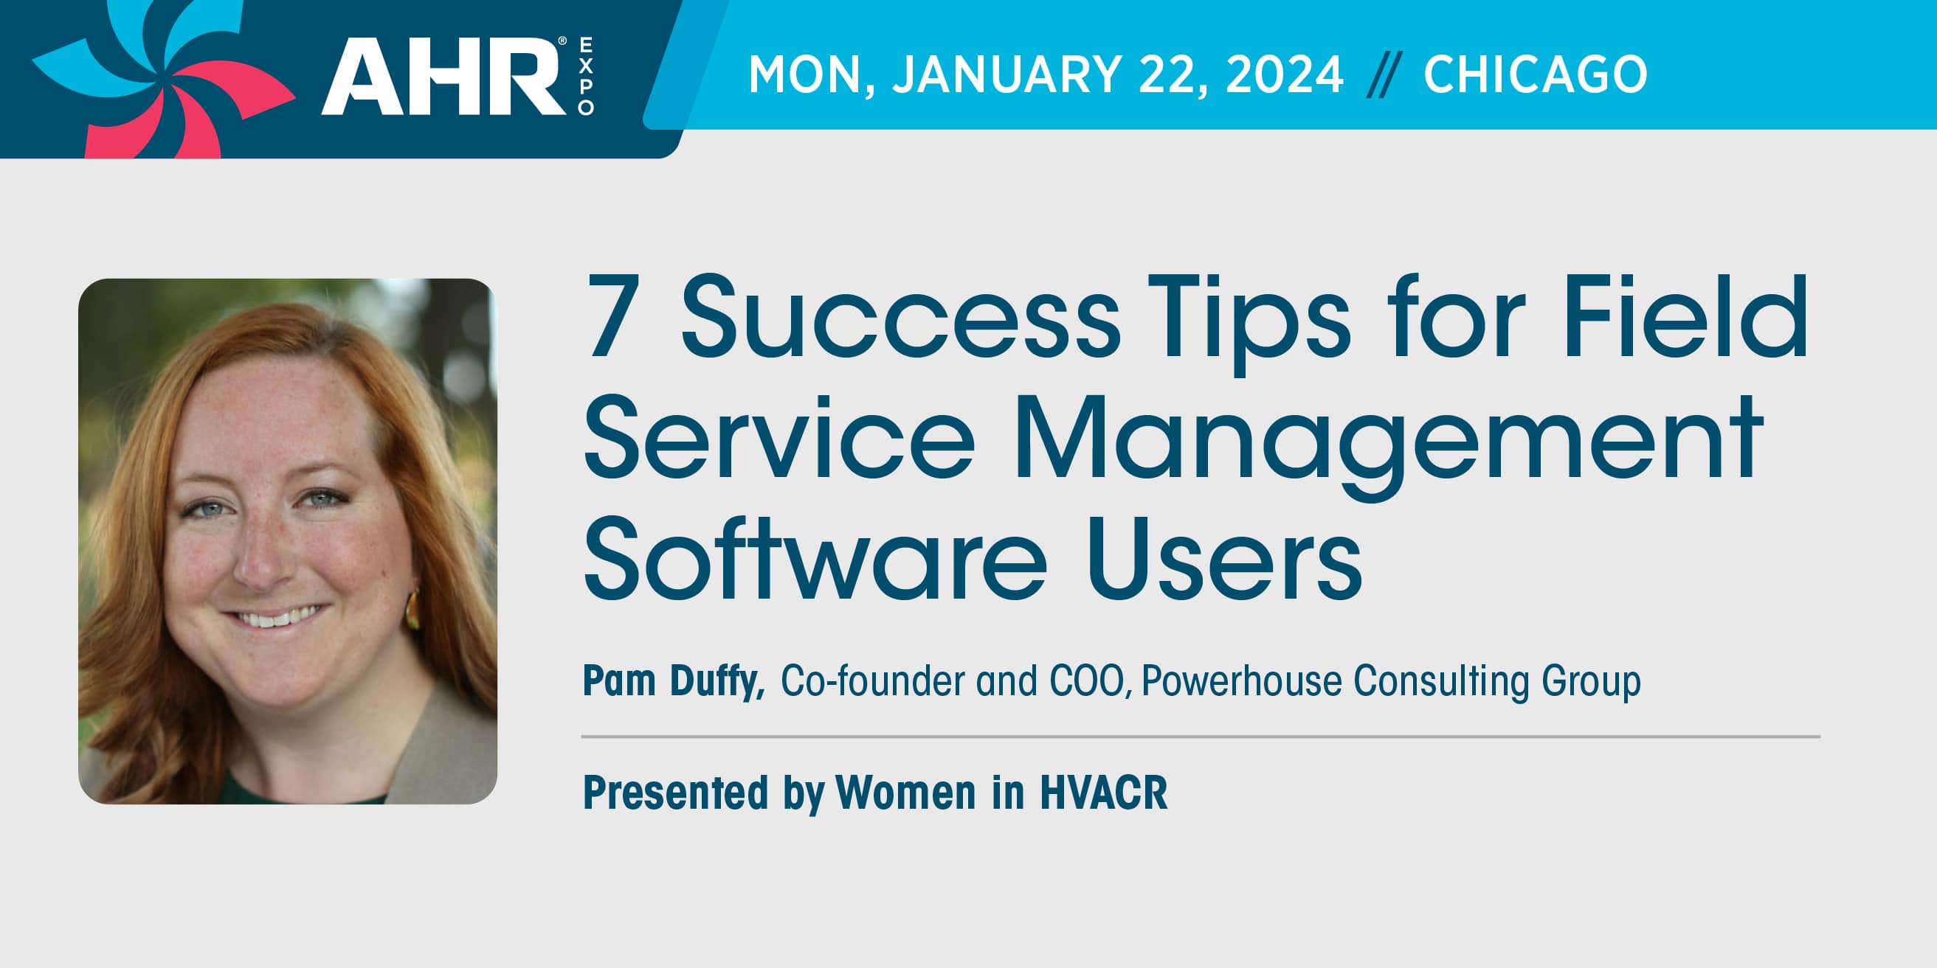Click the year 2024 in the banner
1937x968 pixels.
pos(1283,74)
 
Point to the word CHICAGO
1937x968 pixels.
pos(1536,74)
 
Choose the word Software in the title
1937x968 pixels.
pos(815,560)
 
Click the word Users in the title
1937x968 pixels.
pos(1224,560)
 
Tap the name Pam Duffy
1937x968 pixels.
pos(674,681)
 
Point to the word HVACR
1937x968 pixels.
pos(1104,792)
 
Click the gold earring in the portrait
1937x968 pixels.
pos(412,609)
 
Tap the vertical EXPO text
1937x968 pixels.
pos(586,77)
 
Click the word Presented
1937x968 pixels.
pos(676,792)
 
